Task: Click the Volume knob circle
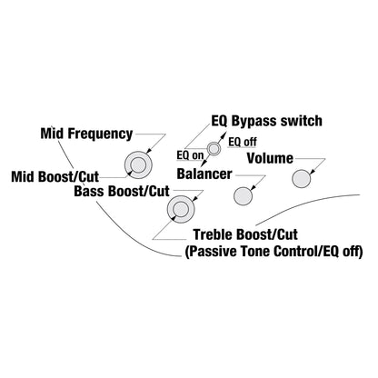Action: (302, 179)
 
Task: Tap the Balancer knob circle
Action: (243, 196)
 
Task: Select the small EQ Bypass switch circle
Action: (214, 149)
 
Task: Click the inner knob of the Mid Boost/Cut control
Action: (138, 165)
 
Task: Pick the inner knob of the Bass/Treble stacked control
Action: (181, 209)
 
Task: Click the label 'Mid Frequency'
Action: (86, 134)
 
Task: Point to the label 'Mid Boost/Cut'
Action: (55, 176)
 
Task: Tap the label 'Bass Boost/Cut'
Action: (122, 191)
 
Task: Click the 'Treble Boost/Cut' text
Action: (245, 234)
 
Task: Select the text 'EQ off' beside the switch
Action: (243, 142)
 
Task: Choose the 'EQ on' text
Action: (191, 155)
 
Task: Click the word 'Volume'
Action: (270, 158)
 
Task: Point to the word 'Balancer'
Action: (204, 174)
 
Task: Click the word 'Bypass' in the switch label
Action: (254, 121)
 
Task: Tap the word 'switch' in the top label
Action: (301, 121)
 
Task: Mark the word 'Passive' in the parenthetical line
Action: (211, 252)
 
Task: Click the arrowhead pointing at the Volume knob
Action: (313, 172)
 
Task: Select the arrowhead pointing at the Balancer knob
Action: (254, 188)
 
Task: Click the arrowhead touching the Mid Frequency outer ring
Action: (148, 152)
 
